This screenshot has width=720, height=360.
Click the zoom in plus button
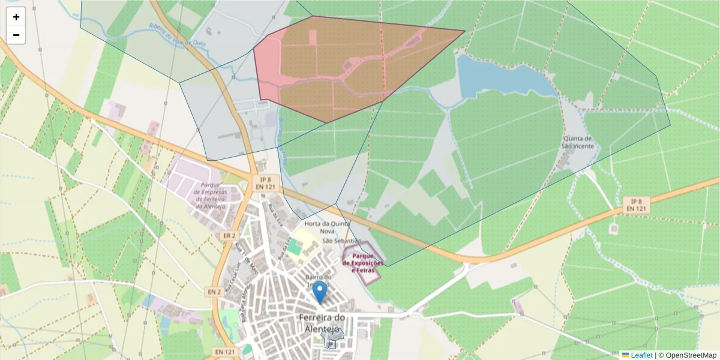16,17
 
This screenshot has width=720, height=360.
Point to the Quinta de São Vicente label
577,142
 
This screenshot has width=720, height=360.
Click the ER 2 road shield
228,235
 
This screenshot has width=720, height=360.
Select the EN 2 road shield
215,292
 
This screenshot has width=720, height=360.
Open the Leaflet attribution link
641,355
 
